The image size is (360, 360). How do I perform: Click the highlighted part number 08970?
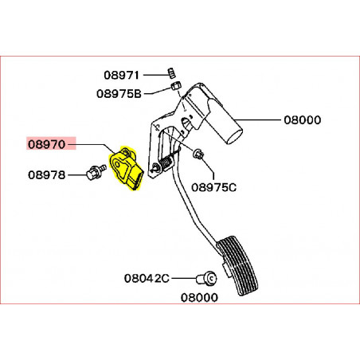click(x=47, y=144)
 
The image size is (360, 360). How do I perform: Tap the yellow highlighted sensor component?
click(x=125, y=168)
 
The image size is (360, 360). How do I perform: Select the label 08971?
click(x=121, y=75)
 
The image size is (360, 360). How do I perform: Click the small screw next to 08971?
click(x=171, y=72)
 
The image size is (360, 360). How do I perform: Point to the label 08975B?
click(x=119, y=93)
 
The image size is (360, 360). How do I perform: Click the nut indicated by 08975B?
click(x=175, y=86)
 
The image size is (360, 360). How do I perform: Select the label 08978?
click(x=47, y=175)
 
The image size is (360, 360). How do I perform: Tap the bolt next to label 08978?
click(x=96, y=172)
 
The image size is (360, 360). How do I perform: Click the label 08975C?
click(x=213, y=187)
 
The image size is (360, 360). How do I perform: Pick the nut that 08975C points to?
click(x=198, y=154)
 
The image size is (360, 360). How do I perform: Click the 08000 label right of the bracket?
click(x=303, y=120)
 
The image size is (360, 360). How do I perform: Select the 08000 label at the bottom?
click(x=199, y=298)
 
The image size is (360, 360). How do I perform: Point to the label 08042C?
click(x=147, y=278)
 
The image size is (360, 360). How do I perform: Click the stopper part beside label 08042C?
click(x=206, y=279)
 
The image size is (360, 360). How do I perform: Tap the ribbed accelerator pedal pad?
click(x=237, y=265)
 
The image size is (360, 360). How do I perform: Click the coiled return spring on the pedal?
click(x=167, y=161)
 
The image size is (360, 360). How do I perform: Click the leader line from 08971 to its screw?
click(x=155, y=75)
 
